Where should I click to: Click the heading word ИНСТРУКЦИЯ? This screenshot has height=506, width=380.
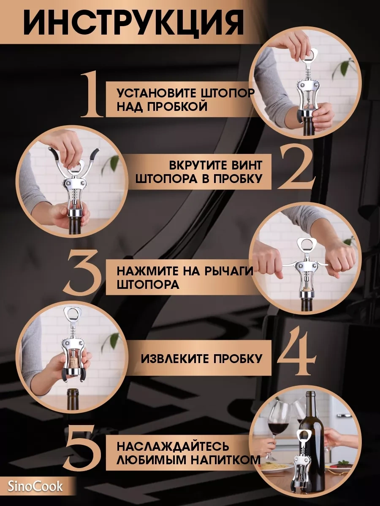(x=133, y=26)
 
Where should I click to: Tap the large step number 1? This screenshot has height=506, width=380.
(x=92, y=95)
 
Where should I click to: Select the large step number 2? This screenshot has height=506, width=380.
(x=296, y=167)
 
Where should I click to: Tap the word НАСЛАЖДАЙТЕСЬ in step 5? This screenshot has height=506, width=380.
(x=173, y=447)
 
